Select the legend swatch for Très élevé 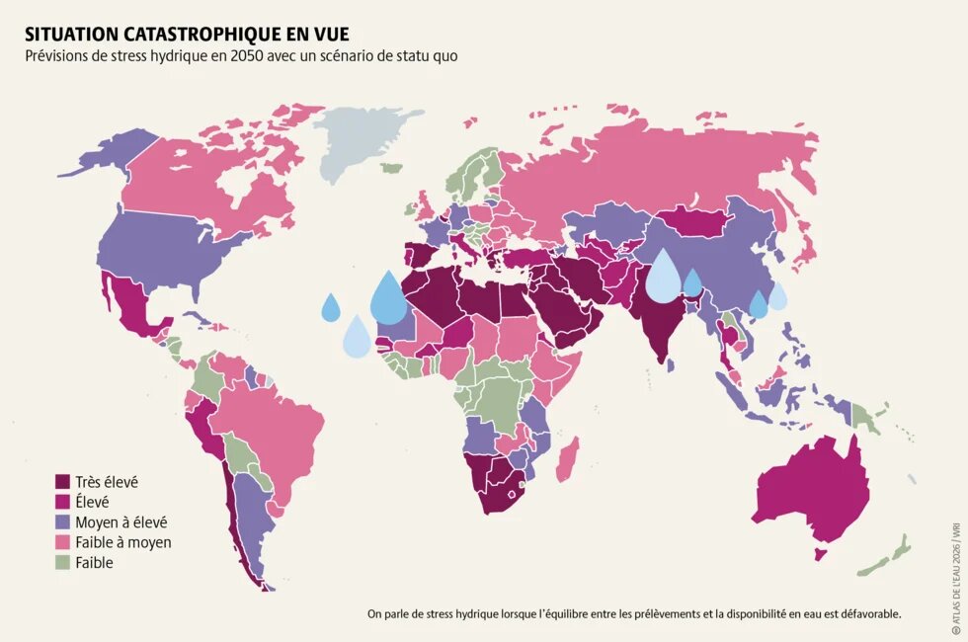[x=62, y=482]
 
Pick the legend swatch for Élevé [x=62, y=502]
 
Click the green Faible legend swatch [x=62, y=563]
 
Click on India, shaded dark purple [x=657, y=326]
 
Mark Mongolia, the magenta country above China [x=696, y=222]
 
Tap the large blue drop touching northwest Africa [x=388, y=299]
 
